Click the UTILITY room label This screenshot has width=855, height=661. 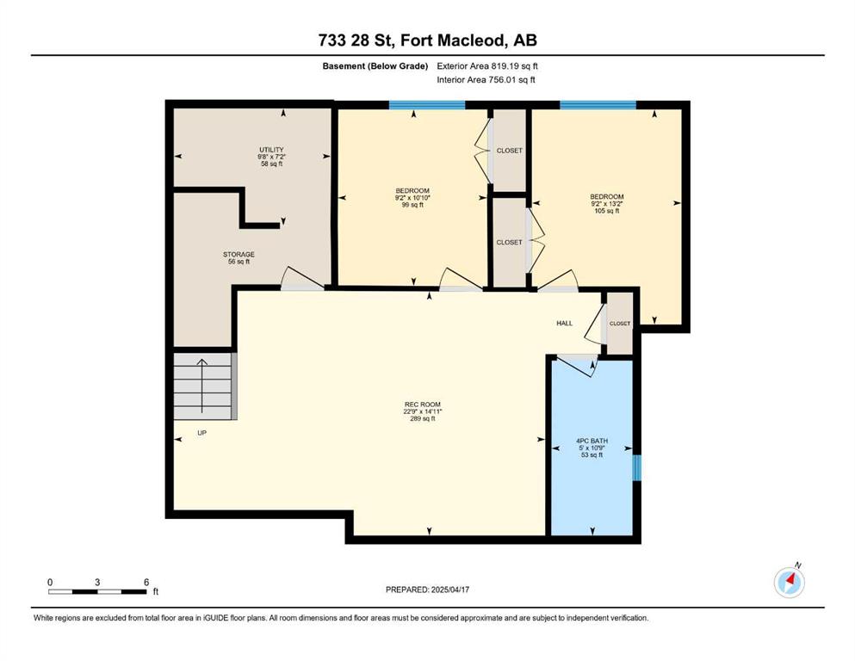pos(271,150)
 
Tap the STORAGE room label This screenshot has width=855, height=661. pos(239,255)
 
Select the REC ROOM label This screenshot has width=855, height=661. pos(423,405)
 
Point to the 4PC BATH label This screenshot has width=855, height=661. pos(592,441)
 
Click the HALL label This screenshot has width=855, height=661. pos(564,323)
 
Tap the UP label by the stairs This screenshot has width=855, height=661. pos(201,433)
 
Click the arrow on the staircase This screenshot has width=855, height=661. pos(202,386)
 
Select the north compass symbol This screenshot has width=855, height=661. pos(790,582)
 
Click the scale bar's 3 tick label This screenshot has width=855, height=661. pos(97,582)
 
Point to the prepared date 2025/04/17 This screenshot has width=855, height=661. pos(449,590)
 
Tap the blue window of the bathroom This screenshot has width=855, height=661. pos(636,468)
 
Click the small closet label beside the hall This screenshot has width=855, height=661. pos(620,324)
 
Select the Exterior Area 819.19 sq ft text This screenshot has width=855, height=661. pos(487,66)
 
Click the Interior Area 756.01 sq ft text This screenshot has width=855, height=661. pos(486,79)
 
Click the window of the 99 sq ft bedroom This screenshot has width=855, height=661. pos(427,105)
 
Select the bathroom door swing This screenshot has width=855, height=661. pos(578,365)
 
